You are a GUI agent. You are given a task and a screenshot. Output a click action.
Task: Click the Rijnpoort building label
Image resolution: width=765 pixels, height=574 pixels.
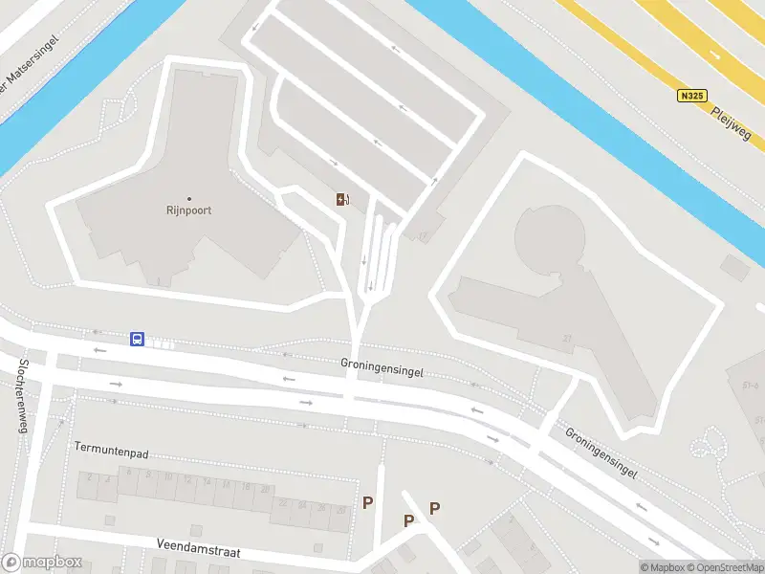(x=188, y=210)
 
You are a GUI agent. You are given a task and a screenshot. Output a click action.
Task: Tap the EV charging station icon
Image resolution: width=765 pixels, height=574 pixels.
(x=340, y=199)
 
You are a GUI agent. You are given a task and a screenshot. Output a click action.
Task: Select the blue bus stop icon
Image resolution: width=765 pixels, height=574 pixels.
(x=138, y=340)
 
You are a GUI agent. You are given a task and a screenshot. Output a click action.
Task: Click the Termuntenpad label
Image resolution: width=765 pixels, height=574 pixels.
(x=112, y=447)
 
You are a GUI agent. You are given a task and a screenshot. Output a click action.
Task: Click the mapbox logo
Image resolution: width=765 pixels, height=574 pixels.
(x=42, y=563)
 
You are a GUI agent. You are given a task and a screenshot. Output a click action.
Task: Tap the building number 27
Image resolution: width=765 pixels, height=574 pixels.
(x=567, y=339)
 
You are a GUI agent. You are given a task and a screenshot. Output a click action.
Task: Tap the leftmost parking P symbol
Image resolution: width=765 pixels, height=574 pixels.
(x=367, y=502)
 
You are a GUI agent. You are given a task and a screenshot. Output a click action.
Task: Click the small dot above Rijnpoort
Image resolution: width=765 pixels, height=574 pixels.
(x=188, y=198)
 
